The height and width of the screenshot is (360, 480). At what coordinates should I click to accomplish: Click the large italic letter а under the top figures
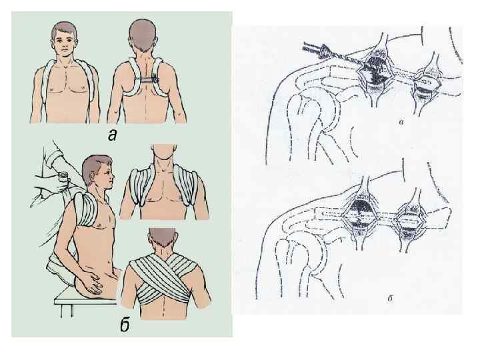coord(113,135)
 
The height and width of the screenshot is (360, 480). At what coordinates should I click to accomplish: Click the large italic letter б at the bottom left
coord(125,325)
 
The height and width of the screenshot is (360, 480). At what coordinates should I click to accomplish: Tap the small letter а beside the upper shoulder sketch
coord(402,122)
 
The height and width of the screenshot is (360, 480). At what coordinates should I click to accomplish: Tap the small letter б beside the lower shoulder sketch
coord(390,298)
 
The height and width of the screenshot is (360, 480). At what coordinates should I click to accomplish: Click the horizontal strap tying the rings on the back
coord(147,79)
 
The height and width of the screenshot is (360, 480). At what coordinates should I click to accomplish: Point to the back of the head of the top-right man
coord(143,34)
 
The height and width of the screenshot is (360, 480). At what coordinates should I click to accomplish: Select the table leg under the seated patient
coord(67,310)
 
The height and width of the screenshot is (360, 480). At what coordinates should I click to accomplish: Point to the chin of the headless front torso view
coord(164,156)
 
